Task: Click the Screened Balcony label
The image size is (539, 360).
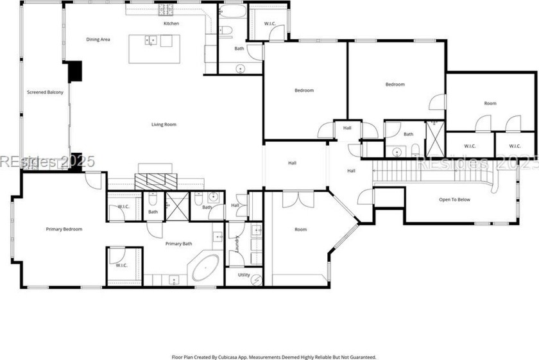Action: tap(45, 92)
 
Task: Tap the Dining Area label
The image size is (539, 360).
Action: tap(98, 40)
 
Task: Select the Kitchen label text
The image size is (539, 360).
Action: tap(171, 24)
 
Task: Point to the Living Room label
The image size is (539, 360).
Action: tap(164, 124)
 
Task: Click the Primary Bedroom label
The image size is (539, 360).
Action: tap(64, 229)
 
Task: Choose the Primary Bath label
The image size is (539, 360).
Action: tap(178, 244)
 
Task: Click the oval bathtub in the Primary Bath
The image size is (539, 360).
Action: tap(205, 268)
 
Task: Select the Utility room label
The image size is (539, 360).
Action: tap(244, 275)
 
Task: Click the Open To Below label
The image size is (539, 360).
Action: tap(454, 200)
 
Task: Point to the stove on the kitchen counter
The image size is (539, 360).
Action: tap(166, 10)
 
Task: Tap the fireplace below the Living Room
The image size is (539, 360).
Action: tap(154, 180)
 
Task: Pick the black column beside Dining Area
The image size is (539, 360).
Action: tap(75, 71)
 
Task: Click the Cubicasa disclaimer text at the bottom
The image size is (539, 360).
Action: tap(274, 357)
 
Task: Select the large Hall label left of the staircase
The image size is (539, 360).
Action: tap(292, 163)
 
